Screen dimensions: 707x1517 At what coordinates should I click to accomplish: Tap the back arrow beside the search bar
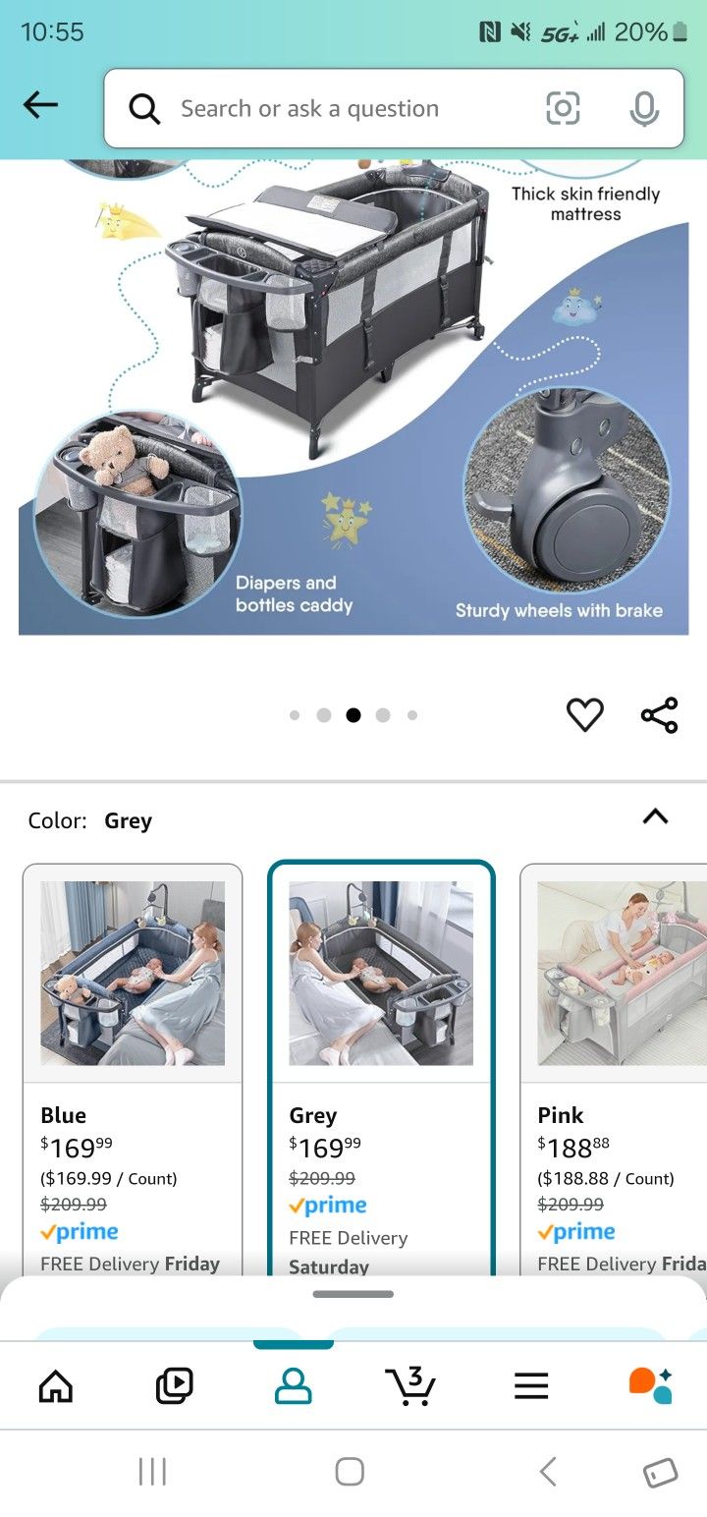(x=40, y=105)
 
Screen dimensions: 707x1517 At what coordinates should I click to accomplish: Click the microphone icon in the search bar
(x=643, y=108)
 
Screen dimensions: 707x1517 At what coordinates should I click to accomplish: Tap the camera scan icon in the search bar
(x=563, y=108)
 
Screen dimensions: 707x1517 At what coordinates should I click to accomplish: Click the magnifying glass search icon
(x=144, y=109)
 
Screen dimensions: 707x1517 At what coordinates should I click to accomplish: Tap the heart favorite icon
(x=584, y=714)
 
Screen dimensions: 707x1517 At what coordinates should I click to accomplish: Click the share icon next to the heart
(x=659, y=714)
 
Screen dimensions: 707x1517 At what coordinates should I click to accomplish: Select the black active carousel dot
(x=353, y=715)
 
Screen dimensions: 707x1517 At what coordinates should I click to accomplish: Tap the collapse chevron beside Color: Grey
(x=655, y=816)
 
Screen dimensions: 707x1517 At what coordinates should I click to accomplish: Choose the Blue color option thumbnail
(x=133, y=974)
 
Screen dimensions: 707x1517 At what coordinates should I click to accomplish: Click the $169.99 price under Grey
(x=325, y=1148)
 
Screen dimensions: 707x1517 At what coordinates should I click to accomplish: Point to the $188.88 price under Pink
(x=573, y=1148)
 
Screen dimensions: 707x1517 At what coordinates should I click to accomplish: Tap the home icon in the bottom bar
(x=55, y=1385)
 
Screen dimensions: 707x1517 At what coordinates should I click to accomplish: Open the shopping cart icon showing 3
(x=410, y=1385)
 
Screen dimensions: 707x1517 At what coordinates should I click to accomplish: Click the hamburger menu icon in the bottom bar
(x=531, y=1385)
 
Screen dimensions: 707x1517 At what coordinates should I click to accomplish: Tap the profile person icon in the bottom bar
(x=293, y=1385)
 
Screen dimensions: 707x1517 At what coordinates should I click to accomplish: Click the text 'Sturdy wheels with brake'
(x=559, y=610)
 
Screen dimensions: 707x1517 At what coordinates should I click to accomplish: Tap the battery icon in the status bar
(x=680, y=31)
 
